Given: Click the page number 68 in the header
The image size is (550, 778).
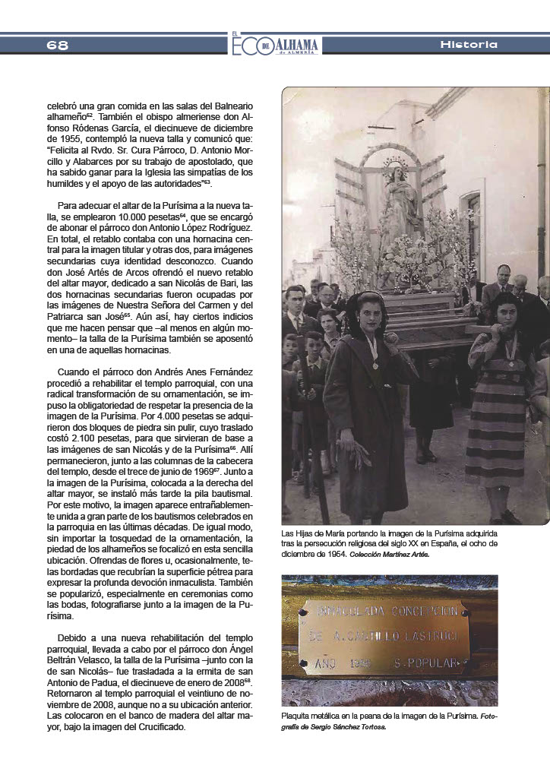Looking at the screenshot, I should click(57, 45).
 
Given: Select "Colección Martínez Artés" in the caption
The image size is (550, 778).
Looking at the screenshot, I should click(390, 554).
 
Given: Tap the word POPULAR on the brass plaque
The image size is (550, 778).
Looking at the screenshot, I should click(431, 663).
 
